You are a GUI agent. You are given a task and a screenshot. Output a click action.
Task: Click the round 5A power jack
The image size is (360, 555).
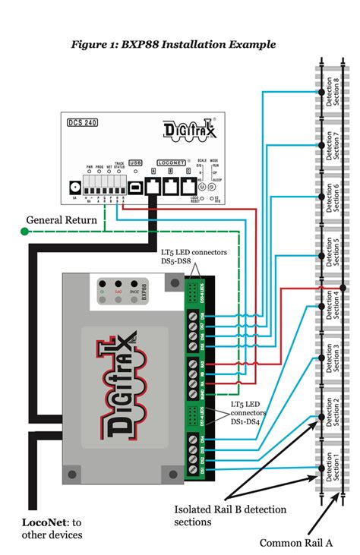[x=74, y=186]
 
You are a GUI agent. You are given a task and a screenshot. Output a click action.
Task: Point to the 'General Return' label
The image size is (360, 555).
[x=62, y=220]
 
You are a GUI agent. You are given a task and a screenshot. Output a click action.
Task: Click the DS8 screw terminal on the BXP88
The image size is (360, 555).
[x=196, y=315]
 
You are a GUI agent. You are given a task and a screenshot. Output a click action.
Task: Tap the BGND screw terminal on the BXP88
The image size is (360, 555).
[x=196, y=395]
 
